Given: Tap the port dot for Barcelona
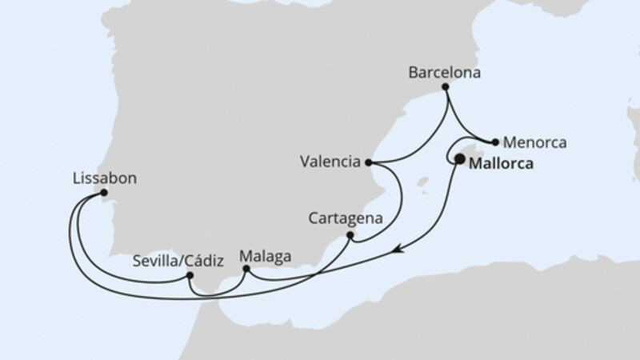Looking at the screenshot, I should click(446, 86).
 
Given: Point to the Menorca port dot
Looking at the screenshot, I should click(496, 143).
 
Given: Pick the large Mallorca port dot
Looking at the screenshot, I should click(459, 159).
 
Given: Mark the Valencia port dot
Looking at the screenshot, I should click(368, 162).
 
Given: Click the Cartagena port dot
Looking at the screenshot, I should click(350, 235).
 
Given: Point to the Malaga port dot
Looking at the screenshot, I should click(246, 270).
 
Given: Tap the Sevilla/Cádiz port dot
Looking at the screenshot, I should click(190, 276).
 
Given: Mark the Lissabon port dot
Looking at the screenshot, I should click(104, 193).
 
